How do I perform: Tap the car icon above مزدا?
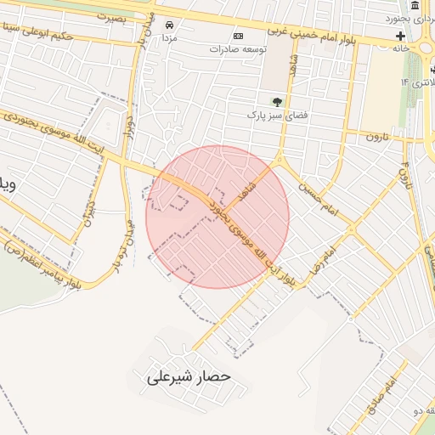pyautogui.click(x=170, y=25)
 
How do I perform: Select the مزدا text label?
pyautogui.click(x=169, y=38)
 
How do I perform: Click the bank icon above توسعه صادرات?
pyautogui.click(x=238, y=37)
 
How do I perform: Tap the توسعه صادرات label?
pyautogui.click(x=239, y=49)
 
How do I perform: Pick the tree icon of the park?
pyautogui.click(x=277, y=101)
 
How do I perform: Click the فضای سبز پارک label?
pyautogui.click(x=274, y=114)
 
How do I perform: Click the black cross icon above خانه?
pyautogui.click(x=400, y=37)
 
